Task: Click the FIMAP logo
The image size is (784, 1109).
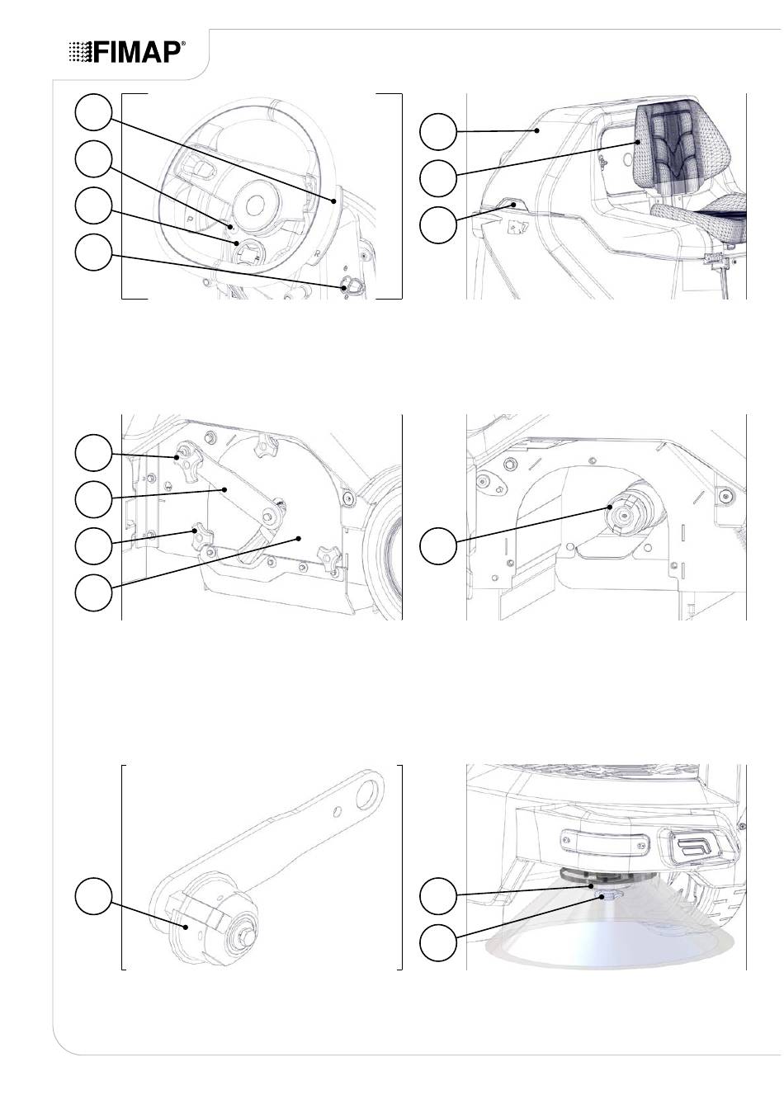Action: point(127,52)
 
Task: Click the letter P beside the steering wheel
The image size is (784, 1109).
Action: point(190,217)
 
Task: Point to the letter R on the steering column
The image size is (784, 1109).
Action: point(316,253)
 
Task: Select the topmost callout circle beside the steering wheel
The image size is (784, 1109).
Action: point(93,112)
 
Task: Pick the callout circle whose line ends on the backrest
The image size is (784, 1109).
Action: point(438,178)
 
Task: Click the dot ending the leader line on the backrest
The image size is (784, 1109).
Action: point(638,142)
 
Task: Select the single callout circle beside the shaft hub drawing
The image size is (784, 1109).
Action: point(438,545)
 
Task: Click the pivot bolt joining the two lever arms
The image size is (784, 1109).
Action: point(270,516)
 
